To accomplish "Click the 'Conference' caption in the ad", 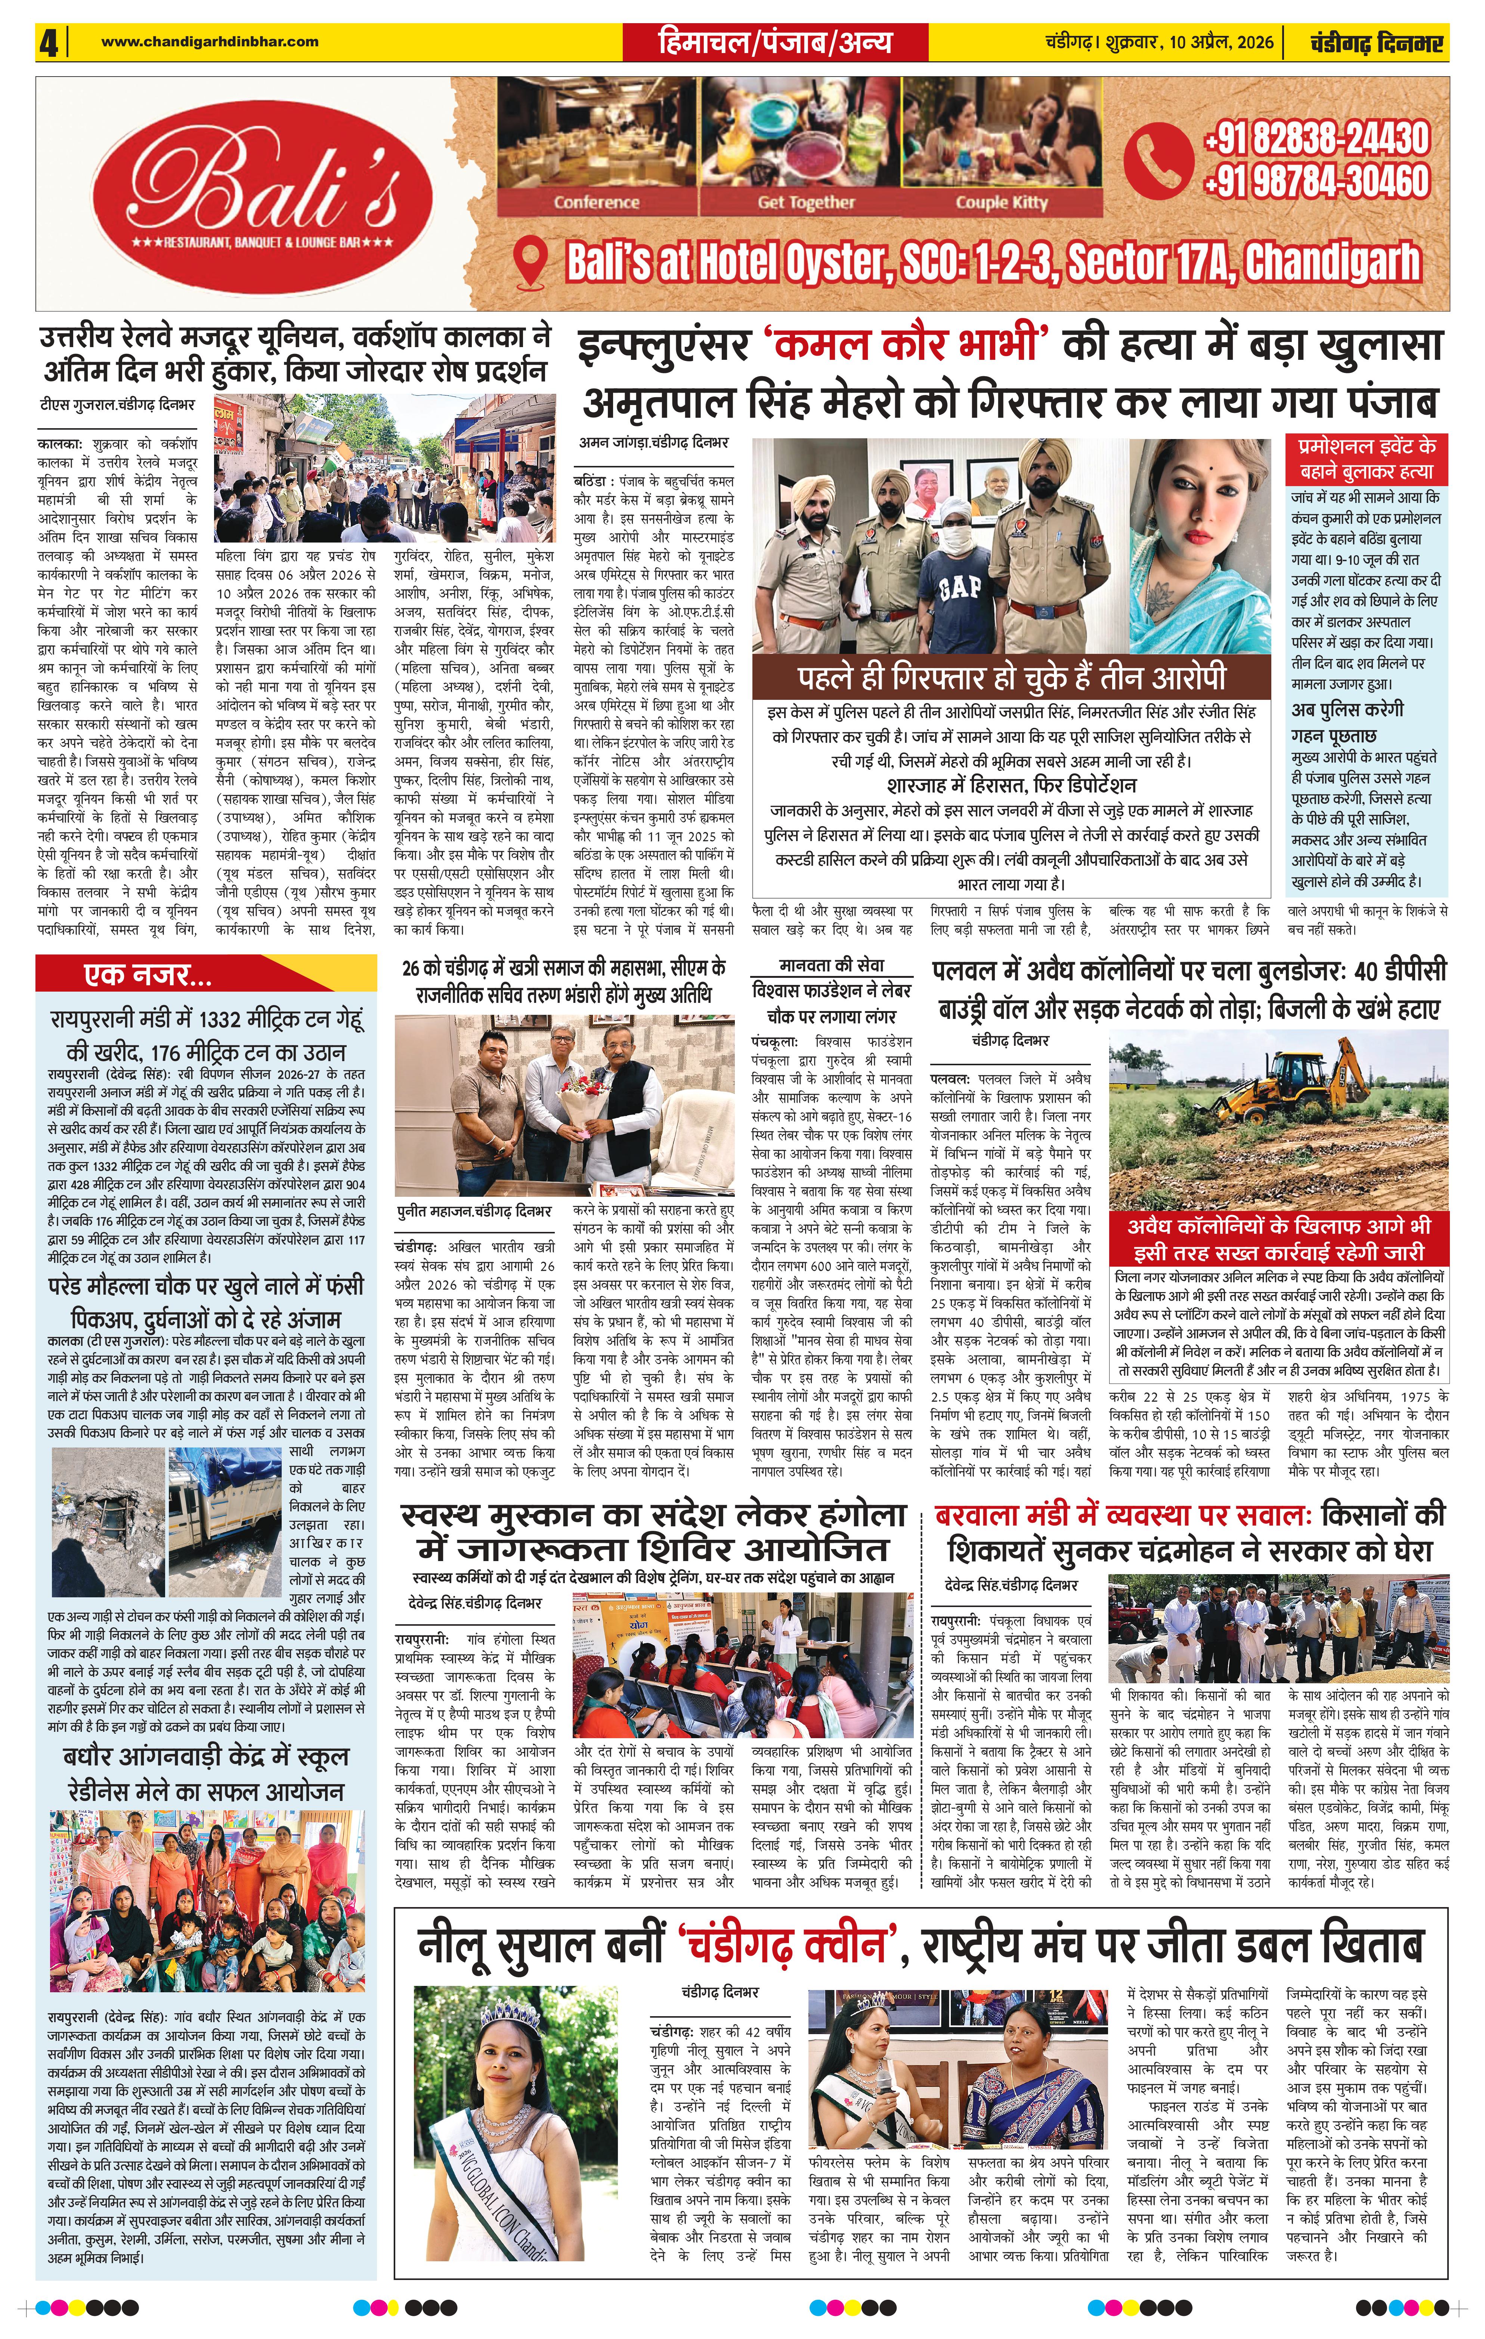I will click(x=596, y=202).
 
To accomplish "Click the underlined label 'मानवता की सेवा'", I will click(x=831, y=965).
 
